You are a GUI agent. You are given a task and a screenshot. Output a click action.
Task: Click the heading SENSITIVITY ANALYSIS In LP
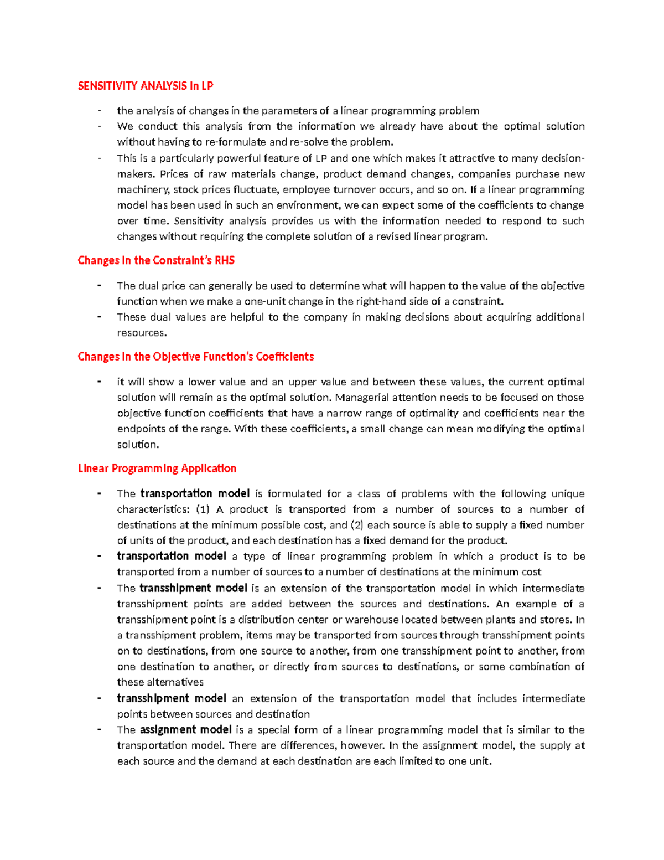tap(145, 86)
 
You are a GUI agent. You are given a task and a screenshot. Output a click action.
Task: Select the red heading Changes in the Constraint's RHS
tap(156, 260)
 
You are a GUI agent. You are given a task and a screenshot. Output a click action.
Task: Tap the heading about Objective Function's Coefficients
tap(195, 357)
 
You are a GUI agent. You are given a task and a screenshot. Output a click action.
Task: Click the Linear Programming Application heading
tap(157, 468)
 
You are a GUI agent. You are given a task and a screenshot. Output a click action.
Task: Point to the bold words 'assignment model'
tap(185, 730)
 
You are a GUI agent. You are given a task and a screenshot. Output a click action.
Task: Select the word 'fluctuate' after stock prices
tap(255, 190)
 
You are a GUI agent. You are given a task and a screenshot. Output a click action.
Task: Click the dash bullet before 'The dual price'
tap(99, 286)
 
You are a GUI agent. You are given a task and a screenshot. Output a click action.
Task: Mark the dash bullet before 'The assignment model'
tap(99, 730)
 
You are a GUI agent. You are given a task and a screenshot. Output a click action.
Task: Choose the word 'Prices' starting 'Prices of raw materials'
tap(174, 174)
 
